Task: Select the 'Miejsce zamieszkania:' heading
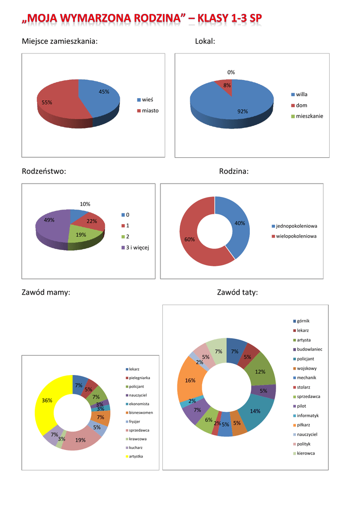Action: point(60,41)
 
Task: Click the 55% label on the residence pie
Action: point(47,102)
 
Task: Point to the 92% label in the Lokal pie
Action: point(242,111)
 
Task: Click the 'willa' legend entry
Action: point(301,94)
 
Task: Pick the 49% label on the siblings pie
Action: point(49,220)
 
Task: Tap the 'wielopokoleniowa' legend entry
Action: point(296,236)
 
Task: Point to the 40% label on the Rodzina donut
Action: point(240,223)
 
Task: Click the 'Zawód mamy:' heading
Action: point(46,293)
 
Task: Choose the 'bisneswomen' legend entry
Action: point(141,412)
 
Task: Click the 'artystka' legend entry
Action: point(137,456)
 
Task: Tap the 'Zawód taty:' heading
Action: point(237,293)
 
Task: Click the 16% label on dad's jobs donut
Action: point(190,381)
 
